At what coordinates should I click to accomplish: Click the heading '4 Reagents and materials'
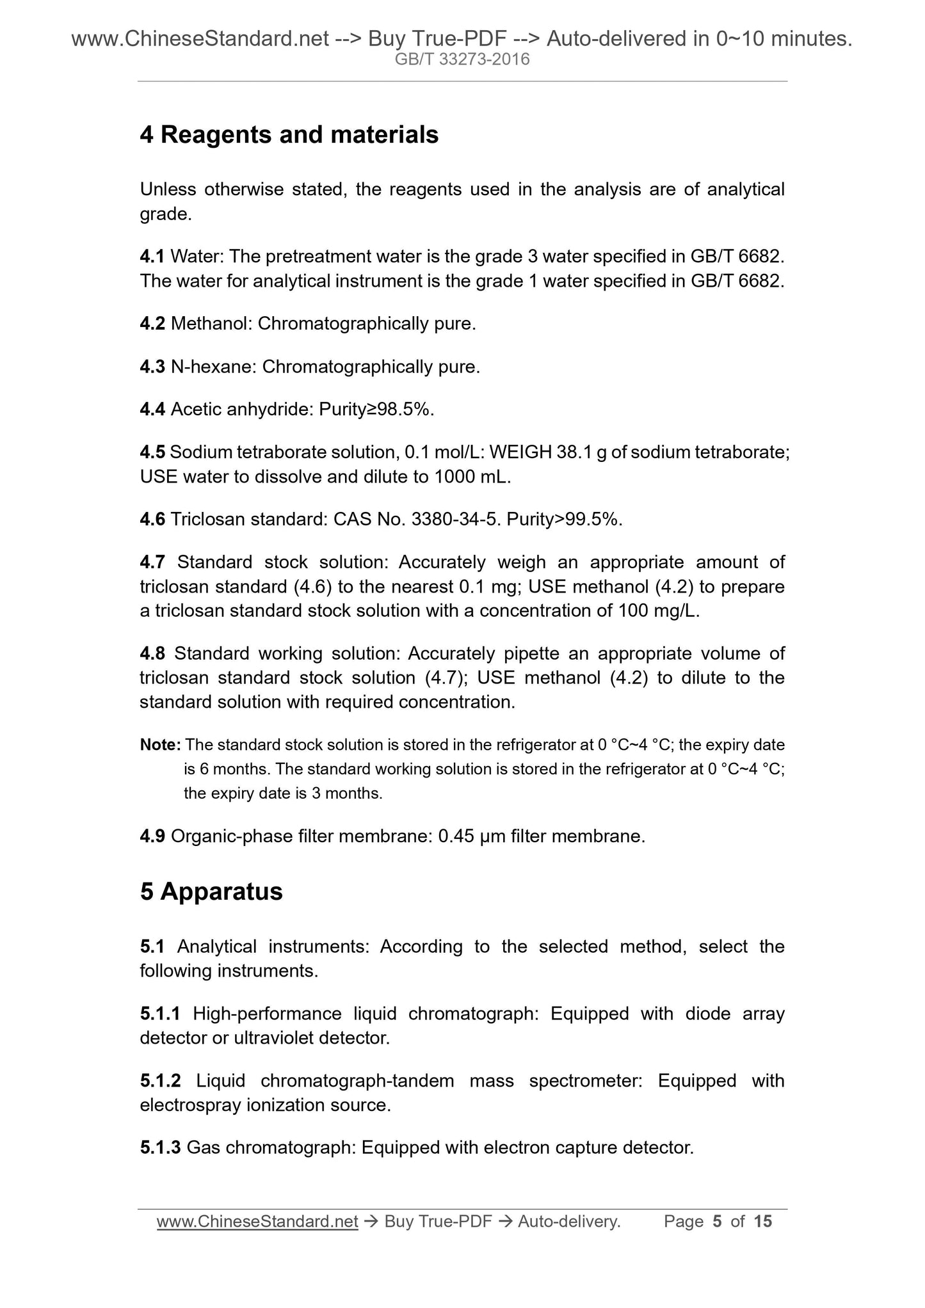tap(289, 135)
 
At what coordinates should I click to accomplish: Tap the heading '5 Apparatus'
tap(211, 891)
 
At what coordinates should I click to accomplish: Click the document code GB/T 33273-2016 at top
tap(462, 60)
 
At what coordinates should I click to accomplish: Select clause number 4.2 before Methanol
tap(152, 324)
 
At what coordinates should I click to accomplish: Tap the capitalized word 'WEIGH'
tap(520, 452)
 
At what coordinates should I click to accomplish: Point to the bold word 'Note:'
tap(161, 745)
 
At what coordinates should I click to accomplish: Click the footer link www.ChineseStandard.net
tap(257, 1222)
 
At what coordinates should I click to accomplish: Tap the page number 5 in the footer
tap(717, 1222)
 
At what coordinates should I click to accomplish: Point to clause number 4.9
tap(152, 836)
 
